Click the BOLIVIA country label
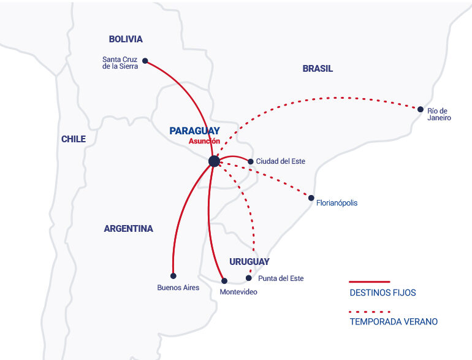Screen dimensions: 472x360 [126, 39]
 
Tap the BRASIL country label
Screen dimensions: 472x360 [318, 69]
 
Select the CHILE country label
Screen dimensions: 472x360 [74, 139]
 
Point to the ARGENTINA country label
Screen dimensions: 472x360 [128, 229]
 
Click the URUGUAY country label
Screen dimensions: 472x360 [249, 261]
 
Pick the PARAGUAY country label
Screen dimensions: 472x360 [194, 131]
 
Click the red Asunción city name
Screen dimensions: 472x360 [204, 140]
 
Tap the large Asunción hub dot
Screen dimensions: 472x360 [214, 161]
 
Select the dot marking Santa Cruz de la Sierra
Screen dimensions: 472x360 [145, 61]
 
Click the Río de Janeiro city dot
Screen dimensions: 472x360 [421, 109]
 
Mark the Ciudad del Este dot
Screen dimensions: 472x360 [251, 162]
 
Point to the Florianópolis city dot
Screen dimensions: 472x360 [311, 198]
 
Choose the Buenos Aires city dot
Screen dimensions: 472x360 [173, 276]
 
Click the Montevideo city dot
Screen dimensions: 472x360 [224, 281]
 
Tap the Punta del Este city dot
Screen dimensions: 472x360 [249, 278]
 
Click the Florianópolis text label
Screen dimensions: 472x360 [337, 203]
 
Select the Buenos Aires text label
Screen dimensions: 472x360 [178, 288]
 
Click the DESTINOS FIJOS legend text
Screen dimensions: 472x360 [383, 293]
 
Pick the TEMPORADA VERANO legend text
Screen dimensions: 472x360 [394, 322]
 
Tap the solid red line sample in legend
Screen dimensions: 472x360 [370, 281]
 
